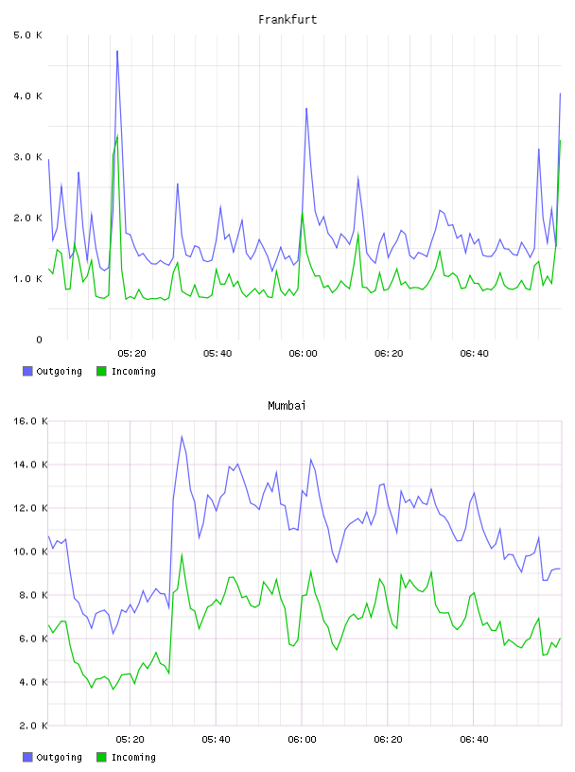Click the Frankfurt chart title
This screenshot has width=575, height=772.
pos(287,20)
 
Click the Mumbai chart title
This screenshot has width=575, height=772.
pos(287,406)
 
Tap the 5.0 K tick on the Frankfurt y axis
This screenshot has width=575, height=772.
pos(27,35)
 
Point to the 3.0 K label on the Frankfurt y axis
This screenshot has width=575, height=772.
pos(27,157)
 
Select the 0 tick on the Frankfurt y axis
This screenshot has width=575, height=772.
pos(39,340)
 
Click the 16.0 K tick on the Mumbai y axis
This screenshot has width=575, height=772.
pos(30,421)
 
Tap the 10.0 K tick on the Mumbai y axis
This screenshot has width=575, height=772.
pos(30,552)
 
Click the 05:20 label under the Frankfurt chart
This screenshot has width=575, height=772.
pos(132,354)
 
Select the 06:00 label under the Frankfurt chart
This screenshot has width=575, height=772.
pos(304,354)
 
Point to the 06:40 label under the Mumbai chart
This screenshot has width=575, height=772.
pos(474,740)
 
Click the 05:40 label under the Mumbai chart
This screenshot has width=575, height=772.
pos(217,740)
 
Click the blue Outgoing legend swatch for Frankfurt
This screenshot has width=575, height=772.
pos(27,371)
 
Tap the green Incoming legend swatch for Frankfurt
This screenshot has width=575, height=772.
pos(101,371)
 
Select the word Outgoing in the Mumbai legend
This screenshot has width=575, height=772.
pos(59,757)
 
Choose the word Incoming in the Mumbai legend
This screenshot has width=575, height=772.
pos(133,757)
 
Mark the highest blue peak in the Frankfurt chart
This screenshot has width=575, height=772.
pos(117,51)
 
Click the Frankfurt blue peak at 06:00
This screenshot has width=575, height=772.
pos(306,108)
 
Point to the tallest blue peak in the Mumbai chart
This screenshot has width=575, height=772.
pos(182,436)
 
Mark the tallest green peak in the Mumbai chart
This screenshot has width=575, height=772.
pos(182,554)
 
